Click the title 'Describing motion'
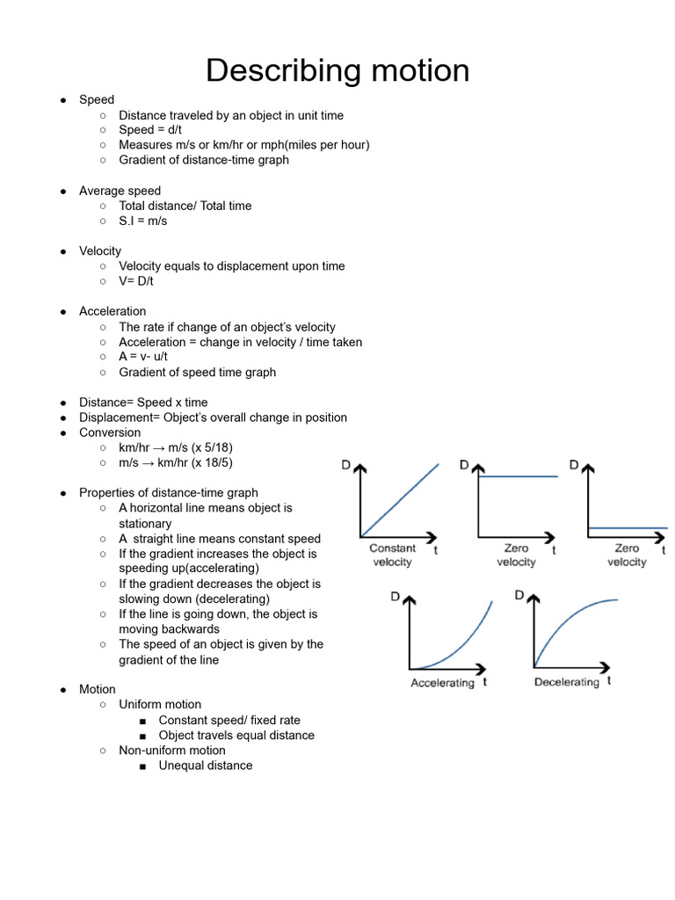pos(337,70)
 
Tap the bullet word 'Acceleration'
pos(112,311)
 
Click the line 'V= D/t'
pos(142,281)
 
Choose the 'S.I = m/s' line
pos(142,221)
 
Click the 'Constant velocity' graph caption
pos(392,555)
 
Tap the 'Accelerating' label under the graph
pos(442,683)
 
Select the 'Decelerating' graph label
pos(567,682)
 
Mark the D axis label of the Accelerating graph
pos(396,597)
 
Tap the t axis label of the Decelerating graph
pos(609,680)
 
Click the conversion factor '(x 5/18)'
pos(212,447)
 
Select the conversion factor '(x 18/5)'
pos(212,462)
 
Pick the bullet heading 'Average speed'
pos(120,191)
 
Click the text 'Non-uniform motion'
pos(172,750)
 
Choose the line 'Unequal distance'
pos(205,766)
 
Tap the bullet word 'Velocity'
pos(100,250)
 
